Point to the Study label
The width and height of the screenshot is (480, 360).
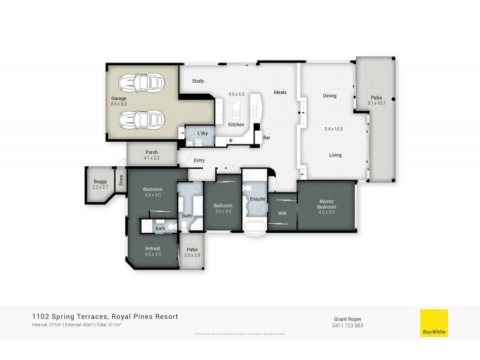coord(198,81)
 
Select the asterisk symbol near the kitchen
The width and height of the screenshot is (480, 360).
coord(230,141)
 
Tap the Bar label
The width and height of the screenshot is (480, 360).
coord(267,137)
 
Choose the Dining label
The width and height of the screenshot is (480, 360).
coord(329,96)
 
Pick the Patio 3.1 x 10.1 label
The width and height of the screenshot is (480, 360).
coord(376,100)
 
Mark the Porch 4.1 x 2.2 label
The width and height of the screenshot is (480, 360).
coord(152,155)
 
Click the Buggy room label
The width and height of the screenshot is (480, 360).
coord(100,184)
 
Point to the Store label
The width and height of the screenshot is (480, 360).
coord(121,179)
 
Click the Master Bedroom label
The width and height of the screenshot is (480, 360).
coord(326,205)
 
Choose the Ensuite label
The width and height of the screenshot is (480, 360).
coord(258,199)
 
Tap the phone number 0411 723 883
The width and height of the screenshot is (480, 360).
coord(348,326)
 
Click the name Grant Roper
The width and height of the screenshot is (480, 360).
coord(348,319)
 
